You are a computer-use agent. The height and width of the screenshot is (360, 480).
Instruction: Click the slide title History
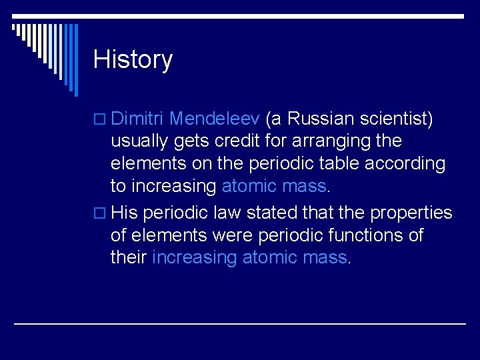[133, 59]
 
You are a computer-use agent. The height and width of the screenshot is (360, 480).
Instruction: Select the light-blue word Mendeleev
[215, 119]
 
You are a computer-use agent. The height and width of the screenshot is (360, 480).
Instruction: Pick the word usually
[137, 141]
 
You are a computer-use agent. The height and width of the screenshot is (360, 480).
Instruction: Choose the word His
[125, 213]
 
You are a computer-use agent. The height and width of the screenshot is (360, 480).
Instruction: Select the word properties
[411, 213]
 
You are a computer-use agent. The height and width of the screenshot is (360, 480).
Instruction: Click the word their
[129, 257]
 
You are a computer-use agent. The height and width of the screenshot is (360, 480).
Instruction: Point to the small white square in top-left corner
[15, 27]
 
